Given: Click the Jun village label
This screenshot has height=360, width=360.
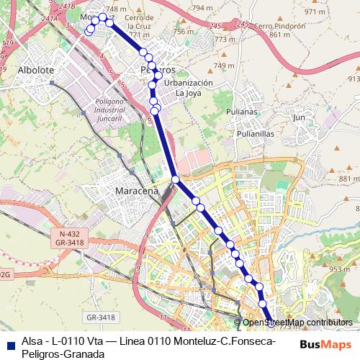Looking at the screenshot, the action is tap(300, 117).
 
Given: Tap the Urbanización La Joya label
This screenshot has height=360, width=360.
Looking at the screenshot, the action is tap(189, 88).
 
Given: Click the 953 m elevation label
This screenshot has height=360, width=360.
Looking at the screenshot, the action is tap(340, 269).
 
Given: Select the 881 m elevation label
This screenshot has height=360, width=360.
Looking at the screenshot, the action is tap(348, 179).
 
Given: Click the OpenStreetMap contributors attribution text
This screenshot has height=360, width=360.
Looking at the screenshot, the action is tap(297, 323).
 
